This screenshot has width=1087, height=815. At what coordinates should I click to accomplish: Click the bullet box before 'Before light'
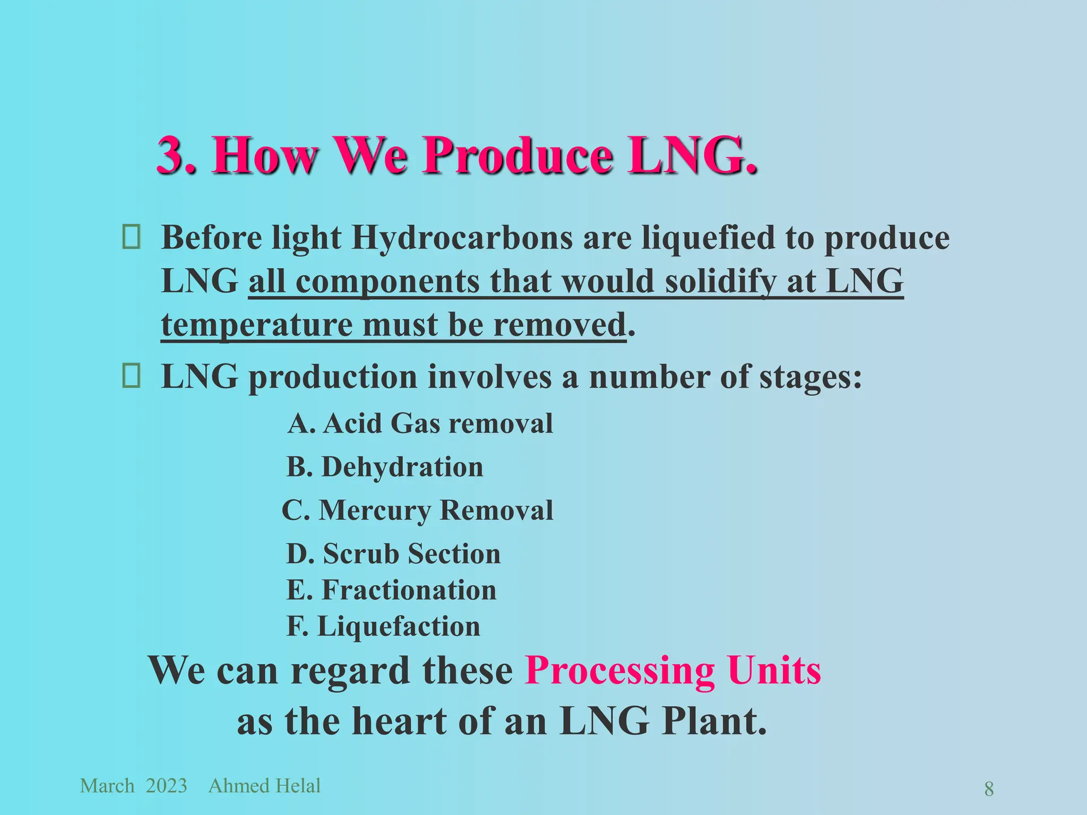click(x=131, y=237)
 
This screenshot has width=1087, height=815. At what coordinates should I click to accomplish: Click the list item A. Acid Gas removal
click(x=420, y=423)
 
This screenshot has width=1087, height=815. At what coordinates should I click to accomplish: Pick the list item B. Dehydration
click(x=385, y=467)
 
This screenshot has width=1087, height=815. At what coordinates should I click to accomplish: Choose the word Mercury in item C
click(x=375, y=510)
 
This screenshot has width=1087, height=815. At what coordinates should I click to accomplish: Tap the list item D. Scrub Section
click(x=393, y=553)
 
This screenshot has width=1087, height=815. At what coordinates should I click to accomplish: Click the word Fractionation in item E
click(x=409, y=590)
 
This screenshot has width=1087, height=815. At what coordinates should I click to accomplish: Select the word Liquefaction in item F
click(x=399, y=626)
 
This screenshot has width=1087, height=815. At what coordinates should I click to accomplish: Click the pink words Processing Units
click(x=672, y=670)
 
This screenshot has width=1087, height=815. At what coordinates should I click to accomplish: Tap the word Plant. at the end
click(x=714, y=721)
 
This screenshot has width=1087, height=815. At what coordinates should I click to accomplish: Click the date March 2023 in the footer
click(x=133, y=786)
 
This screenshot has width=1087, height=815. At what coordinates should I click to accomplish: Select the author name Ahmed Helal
click(x=264, y=786)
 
